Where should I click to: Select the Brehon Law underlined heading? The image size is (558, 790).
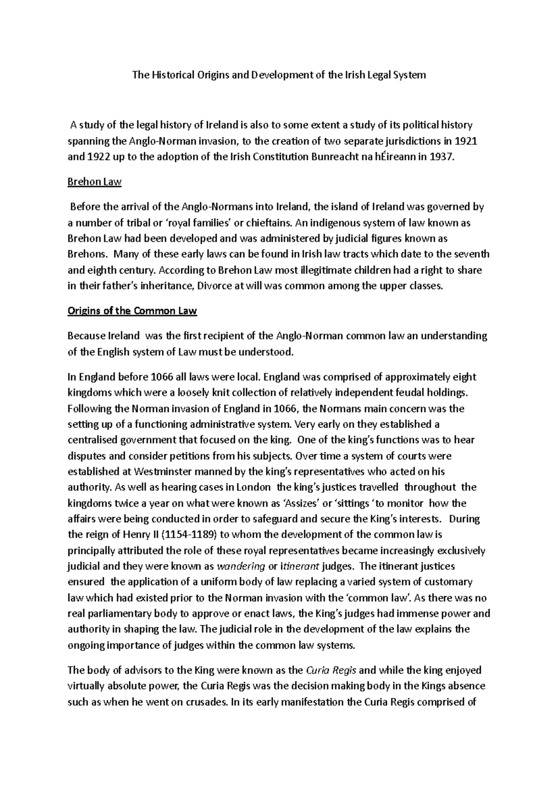pyautogui.click(x=94, y=181)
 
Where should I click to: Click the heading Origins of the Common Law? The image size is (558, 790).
pyautogui.click(x=133, y=311)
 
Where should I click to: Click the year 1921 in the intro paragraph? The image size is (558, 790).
pyautogui.click(x=466, y=141)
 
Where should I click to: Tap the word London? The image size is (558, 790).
pyautogui.click(x=253, y=488)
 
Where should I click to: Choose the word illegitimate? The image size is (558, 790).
pyautogui.click(x=301, y=270)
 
